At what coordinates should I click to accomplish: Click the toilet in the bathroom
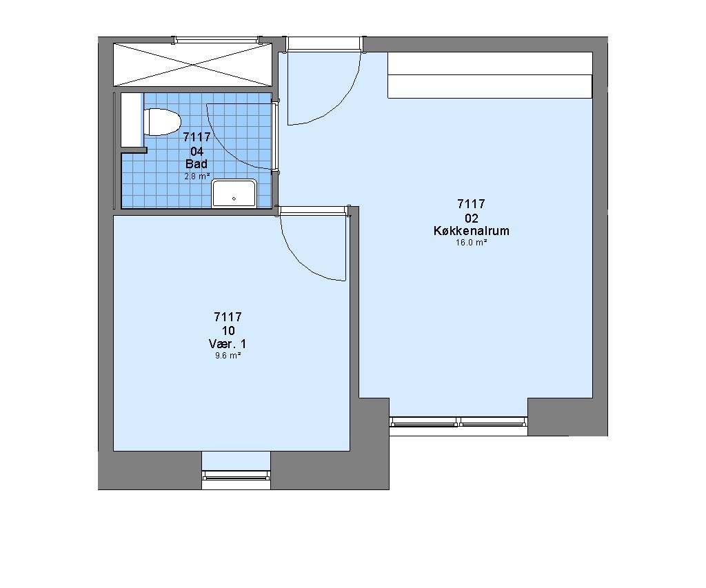point(162,121)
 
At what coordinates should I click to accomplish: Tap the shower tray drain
point(234,199)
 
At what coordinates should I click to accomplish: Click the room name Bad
point(196,163)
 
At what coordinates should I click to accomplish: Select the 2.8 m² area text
point(196,176)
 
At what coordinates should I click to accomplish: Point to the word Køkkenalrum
point(472,231)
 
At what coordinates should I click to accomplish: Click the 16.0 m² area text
point(472,243)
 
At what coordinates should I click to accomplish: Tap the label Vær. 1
point(228,345)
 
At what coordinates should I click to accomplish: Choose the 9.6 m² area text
point(228,356)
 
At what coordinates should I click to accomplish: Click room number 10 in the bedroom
point(228,331)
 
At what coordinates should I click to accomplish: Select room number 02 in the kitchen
point(472,219)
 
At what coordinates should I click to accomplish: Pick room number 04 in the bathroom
point(196,151)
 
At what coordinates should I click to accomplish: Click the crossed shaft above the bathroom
point(193,65)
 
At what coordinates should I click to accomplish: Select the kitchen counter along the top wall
point(490,74)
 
